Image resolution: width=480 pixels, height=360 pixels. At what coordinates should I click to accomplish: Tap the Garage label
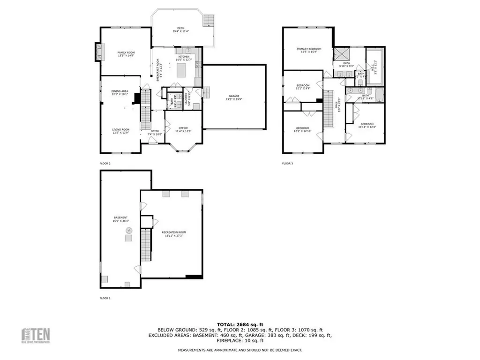(234, 97)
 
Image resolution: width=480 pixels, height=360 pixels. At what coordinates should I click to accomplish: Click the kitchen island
(182, 71)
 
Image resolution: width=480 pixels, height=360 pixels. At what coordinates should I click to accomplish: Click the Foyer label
(155, 133)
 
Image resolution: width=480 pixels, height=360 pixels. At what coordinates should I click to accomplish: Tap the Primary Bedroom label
(308, 50)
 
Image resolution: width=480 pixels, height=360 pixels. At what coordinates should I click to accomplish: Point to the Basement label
(120, 219)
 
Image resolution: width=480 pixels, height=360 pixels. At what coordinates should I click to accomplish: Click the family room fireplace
(98, 52)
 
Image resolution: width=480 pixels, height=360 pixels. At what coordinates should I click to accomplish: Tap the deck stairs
(208, 21)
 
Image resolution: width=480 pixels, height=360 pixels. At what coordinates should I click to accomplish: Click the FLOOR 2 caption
(105, 163)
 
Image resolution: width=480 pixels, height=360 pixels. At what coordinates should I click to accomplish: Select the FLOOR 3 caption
(287, 163)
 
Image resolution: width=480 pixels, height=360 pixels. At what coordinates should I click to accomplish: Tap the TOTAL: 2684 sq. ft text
(240, 324)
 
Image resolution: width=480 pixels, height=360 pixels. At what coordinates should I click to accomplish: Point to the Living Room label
(120, 131)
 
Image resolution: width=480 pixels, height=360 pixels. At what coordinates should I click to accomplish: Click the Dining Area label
(120, 92)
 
